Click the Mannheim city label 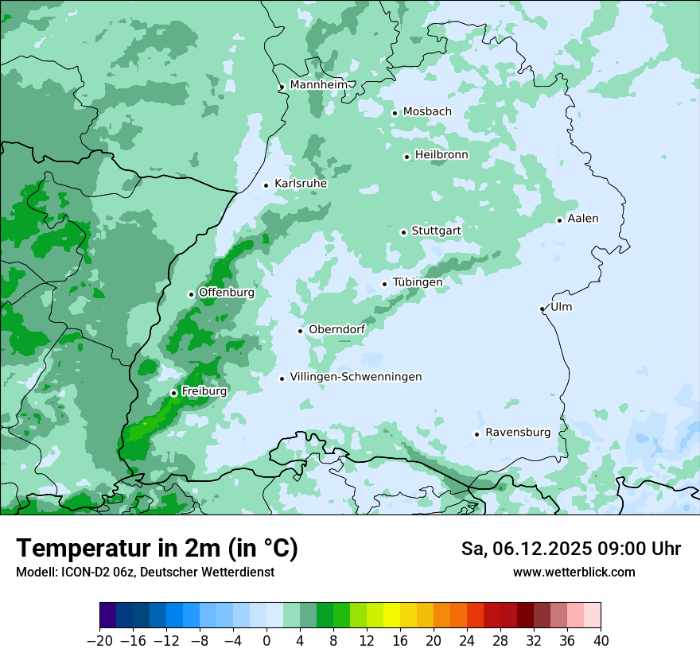pyautogui.click(x=318, y=85)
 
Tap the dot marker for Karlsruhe pyautogui.click(x=266, y=185)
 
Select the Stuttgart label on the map pyautogui.click(x=436, y=231)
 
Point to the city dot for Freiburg pyautogui.click(x=173, y=393)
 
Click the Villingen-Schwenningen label pyautogui.click(x=356, y=377)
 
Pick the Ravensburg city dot pyautogui.click(x=477, y=434)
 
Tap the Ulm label pyautogui.click(x=561, y=307)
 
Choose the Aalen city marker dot pyautogui.click(x=559, y=220)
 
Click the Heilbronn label pyautogui.click(x=441, y=155)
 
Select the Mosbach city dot pyautogui.click(x=395, y=113)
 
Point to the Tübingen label pyautogui.click(x=418, y=282)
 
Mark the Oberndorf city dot pyautogui.click(x=301, y=331)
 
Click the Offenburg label pyautogui.click(x=227, y=293)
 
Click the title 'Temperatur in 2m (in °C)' pyautogui.click(x=157, y=548)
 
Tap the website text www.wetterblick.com pyautogui.click(x=574, y=572)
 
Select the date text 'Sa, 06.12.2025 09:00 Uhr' pyautogui.click(x=570, y=549)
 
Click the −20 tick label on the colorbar pyautogui.click(x=99, y=641)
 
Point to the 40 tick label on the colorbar pyautogui.click(x=601, y=641)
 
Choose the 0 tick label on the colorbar pyautogui.click(x=266, y=641)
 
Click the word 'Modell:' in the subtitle pyautogui.click(x=36, y=572)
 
